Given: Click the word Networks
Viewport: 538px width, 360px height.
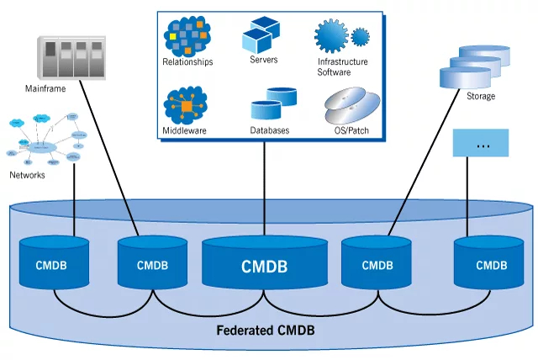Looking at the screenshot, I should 27,175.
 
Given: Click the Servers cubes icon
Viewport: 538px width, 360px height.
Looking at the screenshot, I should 262,34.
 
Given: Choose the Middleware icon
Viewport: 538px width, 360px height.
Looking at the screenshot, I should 186,107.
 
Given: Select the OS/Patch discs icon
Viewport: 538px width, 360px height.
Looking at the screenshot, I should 347,108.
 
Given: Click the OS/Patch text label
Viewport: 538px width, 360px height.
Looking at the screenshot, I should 346,131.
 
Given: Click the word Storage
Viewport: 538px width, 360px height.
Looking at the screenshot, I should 481,96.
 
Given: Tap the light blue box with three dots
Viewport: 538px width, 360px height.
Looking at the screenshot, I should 482,143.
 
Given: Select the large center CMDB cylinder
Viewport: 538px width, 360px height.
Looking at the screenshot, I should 265,265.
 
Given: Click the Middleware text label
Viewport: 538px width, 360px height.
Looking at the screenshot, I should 185,131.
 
